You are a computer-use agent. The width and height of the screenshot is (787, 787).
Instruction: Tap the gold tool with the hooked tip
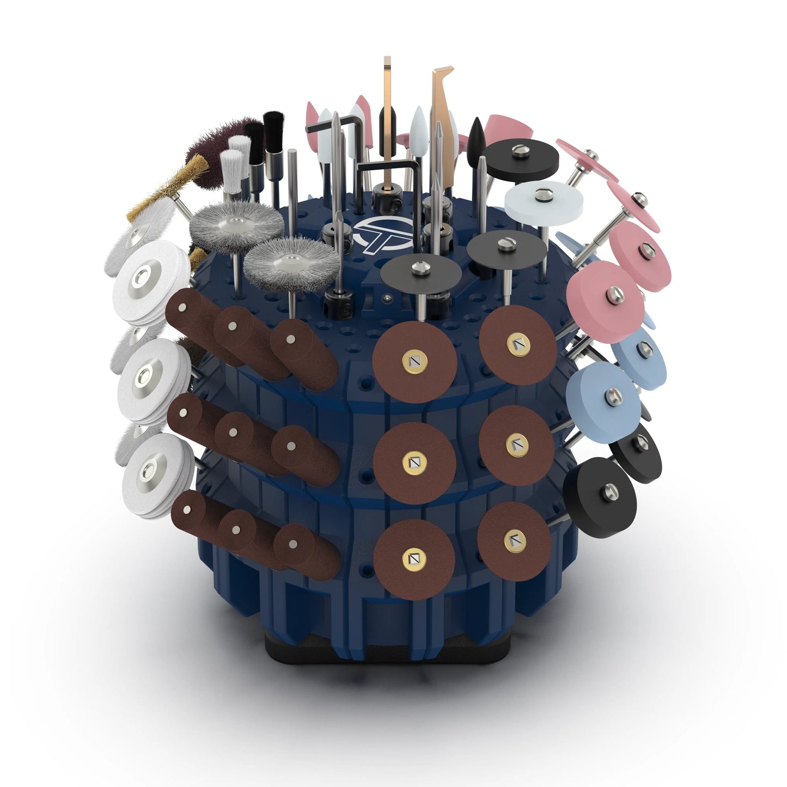443,109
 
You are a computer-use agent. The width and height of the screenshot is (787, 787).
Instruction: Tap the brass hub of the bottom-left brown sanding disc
414,559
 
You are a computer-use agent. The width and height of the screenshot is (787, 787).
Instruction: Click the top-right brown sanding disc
517,344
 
